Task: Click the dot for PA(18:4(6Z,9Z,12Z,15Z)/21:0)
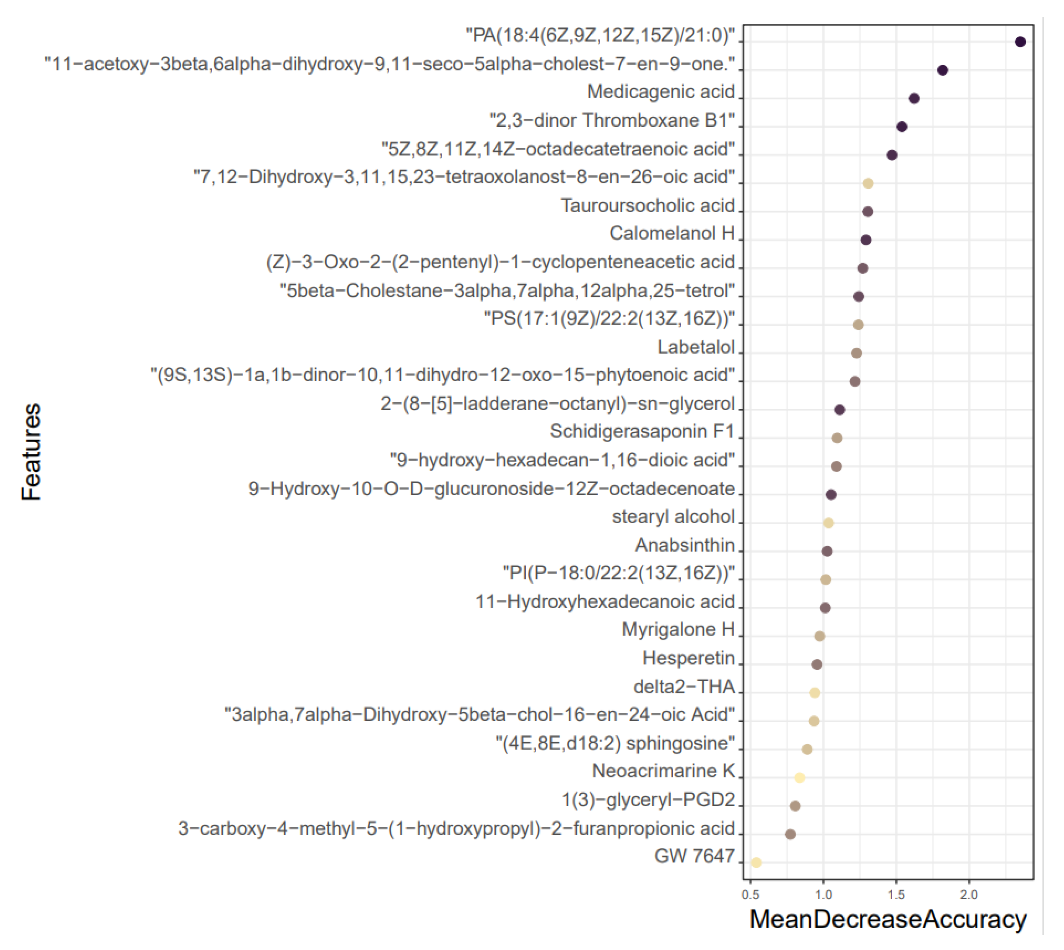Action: click(1020, 42)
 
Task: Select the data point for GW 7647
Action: click(756, 862)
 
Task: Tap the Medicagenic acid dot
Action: click(914, 98)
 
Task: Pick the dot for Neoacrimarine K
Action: click(799, 778)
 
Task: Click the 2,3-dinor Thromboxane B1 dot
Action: click(902, 126)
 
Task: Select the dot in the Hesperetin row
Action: click(817, 664)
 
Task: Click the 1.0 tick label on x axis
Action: click(823, 895)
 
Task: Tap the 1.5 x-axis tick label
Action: click(896, 895)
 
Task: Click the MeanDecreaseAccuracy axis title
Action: click(888, 920)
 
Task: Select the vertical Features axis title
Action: click(31, 452)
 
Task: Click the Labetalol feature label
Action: click(695, 347)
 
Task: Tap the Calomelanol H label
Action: click(672, 233)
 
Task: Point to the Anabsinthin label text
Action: click(684, 545)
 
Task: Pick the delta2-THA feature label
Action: click(684, 686)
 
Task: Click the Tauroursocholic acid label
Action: click(647, 205)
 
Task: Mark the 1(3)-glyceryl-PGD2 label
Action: click(648, 800)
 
